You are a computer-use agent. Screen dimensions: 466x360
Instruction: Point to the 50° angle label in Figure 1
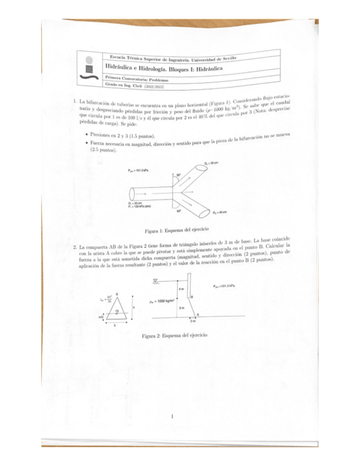[x=179, y=210]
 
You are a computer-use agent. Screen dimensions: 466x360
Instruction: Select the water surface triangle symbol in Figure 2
[x=156, y=281]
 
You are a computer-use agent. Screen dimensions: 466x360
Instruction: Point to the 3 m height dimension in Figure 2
[x=181, y=308]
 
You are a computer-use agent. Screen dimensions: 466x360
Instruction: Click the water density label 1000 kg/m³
[x=162, y=301]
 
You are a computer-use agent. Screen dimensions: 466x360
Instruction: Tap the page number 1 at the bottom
[x=173, y=417]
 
